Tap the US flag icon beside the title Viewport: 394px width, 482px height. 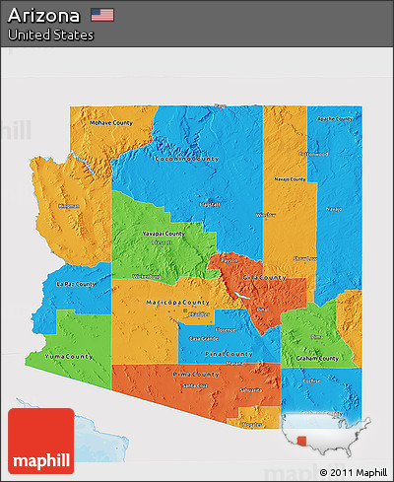pyautogui.click(x=101, y=15)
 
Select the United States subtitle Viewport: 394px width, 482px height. pyautogui.click(x=50, y=34)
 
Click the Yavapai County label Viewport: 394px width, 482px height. pyautogui.click(x=162, y=234)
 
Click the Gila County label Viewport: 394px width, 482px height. pyautogui.click(x=263, y=277)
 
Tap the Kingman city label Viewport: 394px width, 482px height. pyautogui.click(x=68, y=206)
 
